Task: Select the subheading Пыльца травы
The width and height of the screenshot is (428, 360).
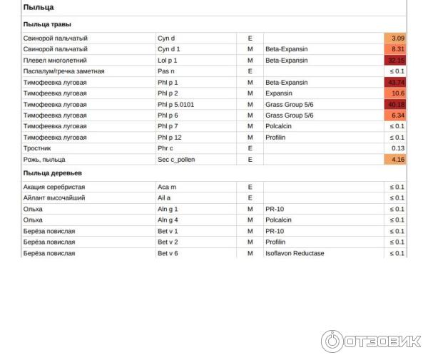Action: [46, 24]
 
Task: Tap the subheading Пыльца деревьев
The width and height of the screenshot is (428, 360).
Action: [52, 173]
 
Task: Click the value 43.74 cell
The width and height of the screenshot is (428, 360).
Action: [394, 83]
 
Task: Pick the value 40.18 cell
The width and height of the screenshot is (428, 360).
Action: [394, 105]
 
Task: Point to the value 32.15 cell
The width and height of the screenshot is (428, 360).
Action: [394, 61]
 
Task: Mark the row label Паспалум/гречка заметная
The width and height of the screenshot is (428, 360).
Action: [64, 71]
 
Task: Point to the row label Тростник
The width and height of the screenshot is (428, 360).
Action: [37, 148]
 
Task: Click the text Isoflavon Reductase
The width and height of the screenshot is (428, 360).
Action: [295, 253]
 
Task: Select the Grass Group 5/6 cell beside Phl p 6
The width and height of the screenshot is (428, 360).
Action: [290, 115]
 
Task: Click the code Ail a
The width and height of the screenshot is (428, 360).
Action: [165, 197]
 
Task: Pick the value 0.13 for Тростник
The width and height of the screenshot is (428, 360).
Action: [397, 148]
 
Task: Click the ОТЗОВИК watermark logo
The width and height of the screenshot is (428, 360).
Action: [371, 341]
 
